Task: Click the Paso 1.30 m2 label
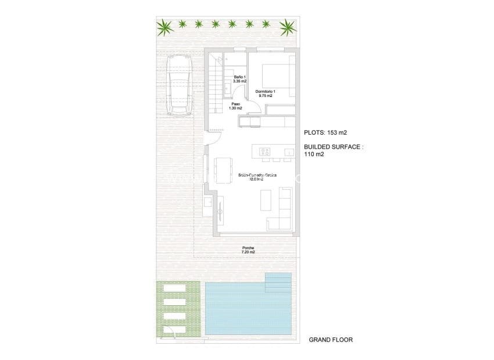[x=235, y=107]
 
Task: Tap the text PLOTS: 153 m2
[x=330, y=132]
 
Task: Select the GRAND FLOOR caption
[x=331, y=340]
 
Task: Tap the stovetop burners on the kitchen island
[x=264, y=152]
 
